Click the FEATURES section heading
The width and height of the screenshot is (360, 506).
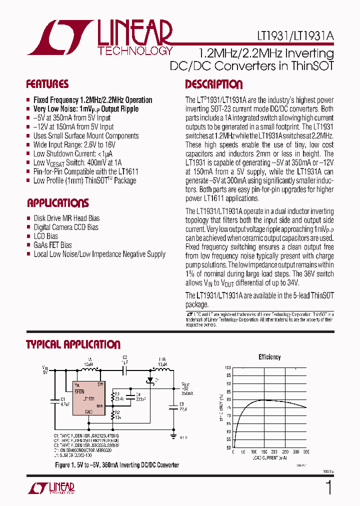point(47,84)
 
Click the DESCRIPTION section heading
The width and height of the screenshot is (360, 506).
point(214,84)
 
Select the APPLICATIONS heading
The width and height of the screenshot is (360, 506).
point(58,203)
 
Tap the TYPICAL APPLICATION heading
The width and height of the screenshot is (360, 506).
point(73,344)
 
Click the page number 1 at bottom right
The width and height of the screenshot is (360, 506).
point(328,487)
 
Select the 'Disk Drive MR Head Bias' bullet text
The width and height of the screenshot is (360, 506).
point(66,218)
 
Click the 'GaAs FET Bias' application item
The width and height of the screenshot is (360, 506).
point(52,245)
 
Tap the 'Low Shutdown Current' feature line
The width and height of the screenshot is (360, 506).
point(73,153)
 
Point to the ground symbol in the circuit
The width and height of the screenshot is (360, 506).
point(172,435)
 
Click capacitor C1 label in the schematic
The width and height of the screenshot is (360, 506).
point(62,398)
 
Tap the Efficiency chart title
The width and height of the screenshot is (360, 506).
point(269,357)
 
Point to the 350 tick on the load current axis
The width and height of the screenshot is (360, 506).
point(306,451)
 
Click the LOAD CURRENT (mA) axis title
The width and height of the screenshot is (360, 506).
point(269,458)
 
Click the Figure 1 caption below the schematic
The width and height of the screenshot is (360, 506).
point(117,465)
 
